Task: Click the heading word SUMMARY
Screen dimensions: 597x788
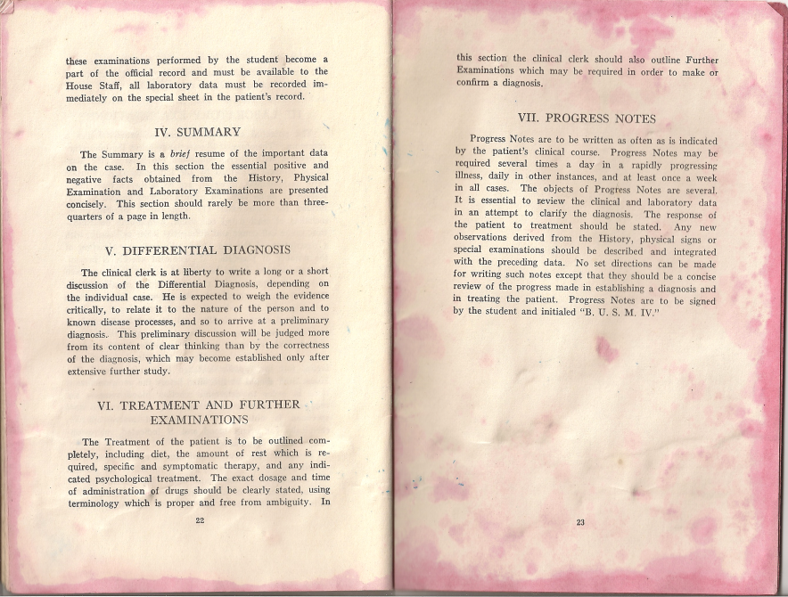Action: [x=209, y=133]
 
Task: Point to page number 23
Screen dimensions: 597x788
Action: [x=580, y=522]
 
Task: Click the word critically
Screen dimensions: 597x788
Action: [x=91, y=308]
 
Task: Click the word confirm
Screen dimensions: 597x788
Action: [x=474, y=83]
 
